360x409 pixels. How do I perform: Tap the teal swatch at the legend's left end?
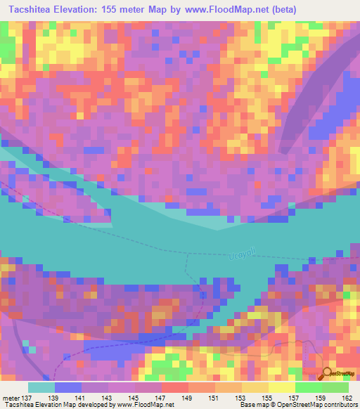(41, 387)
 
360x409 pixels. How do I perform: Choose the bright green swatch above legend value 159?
(308, 387)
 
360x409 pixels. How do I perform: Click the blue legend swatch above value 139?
(68, 387)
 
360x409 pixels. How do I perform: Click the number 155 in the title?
(102, 10)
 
